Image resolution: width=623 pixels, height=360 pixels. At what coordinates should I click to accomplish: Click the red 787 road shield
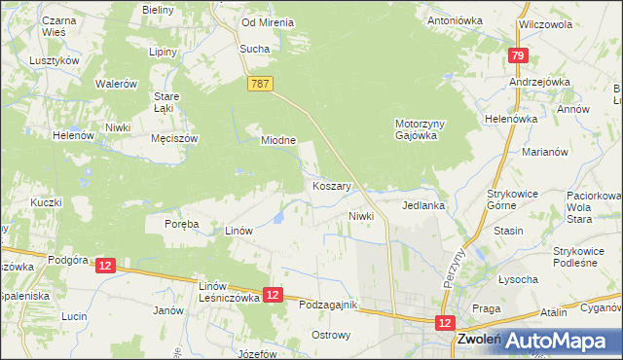259,86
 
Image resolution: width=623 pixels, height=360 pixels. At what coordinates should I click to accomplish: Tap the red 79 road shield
518,57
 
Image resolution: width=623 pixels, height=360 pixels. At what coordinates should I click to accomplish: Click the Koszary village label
332,185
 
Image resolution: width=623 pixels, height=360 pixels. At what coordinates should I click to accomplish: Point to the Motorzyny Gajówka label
421,129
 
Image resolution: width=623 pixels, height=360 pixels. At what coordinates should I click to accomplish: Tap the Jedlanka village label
423,206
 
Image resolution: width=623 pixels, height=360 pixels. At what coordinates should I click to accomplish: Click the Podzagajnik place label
328,306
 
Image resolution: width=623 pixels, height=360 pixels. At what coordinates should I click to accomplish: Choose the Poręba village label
181,224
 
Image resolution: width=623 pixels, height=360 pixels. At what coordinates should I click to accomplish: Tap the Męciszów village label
175,139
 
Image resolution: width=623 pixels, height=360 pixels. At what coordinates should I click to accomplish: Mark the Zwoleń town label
478,341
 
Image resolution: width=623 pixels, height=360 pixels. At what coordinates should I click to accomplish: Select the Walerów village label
115,85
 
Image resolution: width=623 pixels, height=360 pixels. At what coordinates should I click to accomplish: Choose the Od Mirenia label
268,22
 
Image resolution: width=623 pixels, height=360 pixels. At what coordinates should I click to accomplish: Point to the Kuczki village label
46,202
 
